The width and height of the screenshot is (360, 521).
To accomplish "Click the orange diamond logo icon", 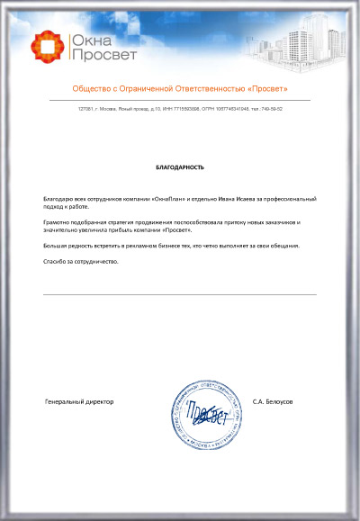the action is (45, 47).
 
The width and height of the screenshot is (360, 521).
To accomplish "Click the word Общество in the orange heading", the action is (95, 88).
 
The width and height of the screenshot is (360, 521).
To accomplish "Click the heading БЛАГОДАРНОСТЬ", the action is (180, 167).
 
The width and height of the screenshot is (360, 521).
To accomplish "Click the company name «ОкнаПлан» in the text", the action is (146, 197).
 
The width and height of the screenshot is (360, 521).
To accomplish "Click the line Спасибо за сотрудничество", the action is (81, 261).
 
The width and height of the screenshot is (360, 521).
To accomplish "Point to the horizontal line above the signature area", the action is (180, 294).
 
